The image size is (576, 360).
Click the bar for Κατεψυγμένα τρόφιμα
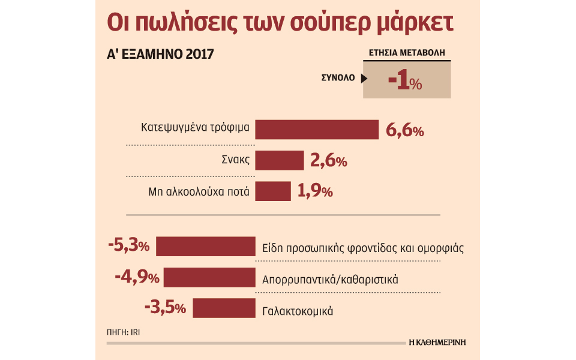point(317,130)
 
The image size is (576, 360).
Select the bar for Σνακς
point(280,161)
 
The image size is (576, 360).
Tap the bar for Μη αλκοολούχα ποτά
point(273,191)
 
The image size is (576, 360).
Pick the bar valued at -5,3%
point(206,247)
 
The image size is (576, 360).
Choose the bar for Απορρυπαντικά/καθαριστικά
point(209,278)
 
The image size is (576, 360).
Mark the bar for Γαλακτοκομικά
point(224,308)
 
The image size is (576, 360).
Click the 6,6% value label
point(405,131)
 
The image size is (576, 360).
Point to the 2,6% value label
point(328,161)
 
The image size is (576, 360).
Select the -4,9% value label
point(137,278)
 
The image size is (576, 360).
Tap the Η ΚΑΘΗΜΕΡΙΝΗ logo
point(437,343)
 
